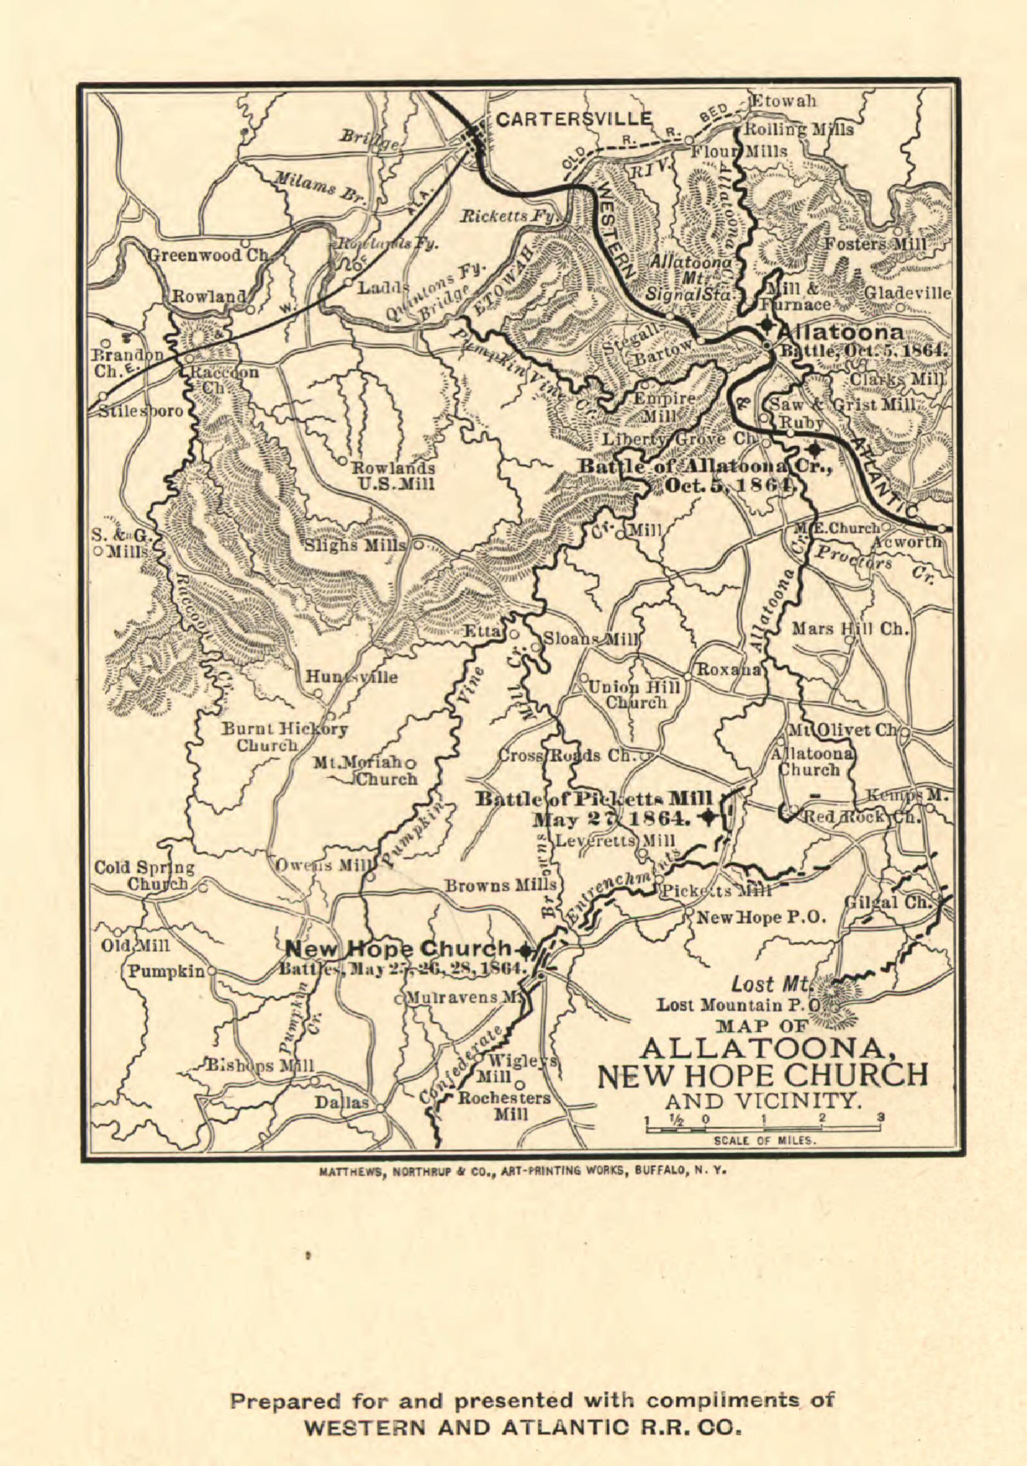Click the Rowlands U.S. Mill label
[386, 476]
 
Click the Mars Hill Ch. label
[850, 629]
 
